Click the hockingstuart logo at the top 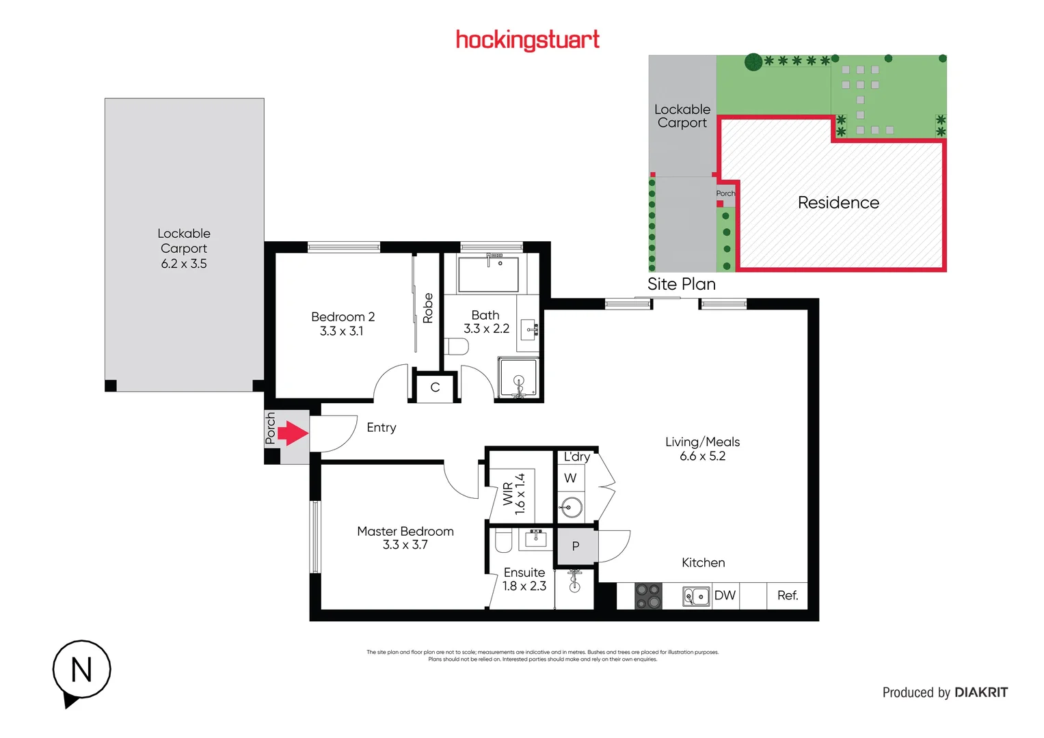[x=527, y=40]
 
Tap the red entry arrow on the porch [x=293, y=433]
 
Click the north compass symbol [x=81, y=670]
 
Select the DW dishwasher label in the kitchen [x=725, y=595]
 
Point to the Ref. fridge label [x=788, y=595]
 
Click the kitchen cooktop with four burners [x=648, y=596]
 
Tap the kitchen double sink [x=696, y=597]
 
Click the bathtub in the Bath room [x=488, y=274]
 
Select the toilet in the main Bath [x=457, y=347]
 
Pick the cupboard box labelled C [x=435, y=387]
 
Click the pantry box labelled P [x=576, y=546]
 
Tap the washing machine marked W [x=570, y=478]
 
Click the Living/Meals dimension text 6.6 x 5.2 [x=702, y=456]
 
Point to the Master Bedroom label [x=405, y=531]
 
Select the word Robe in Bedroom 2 [x=428, y=308]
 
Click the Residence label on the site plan [x=838, y=203]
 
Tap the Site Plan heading [x=682, y=284]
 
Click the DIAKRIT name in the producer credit [x=981, y=692]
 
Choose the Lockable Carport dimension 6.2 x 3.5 [x=184, y=264]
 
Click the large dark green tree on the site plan [x=753, y=62]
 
